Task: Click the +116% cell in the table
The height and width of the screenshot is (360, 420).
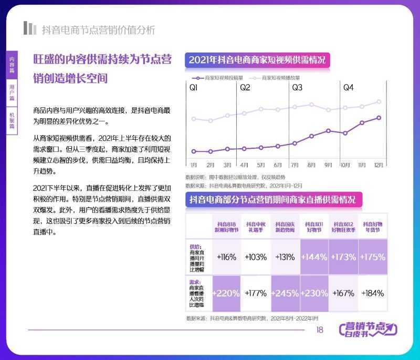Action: click(226, 257)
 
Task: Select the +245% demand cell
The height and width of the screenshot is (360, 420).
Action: click(286, 293)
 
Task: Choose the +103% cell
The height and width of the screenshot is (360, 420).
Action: click(256, 257)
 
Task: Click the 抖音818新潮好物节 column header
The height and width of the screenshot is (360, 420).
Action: click(226, 227)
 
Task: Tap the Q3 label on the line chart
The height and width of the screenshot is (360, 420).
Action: click(297, 88)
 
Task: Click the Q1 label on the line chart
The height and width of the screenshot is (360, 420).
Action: click(194, 88)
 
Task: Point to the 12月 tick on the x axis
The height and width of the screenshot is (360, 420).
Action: click(379, 165)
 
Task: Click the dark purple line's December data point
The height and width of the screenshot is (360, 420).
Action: click(379, 118)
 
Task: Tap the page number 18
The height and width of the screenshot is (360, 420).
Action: click(319, 330)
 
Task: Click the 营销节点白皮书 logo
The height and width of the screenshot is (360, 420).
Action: click(367, 330)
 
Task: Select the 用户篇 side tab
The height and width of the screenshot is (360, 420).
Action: click(12, 92)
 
